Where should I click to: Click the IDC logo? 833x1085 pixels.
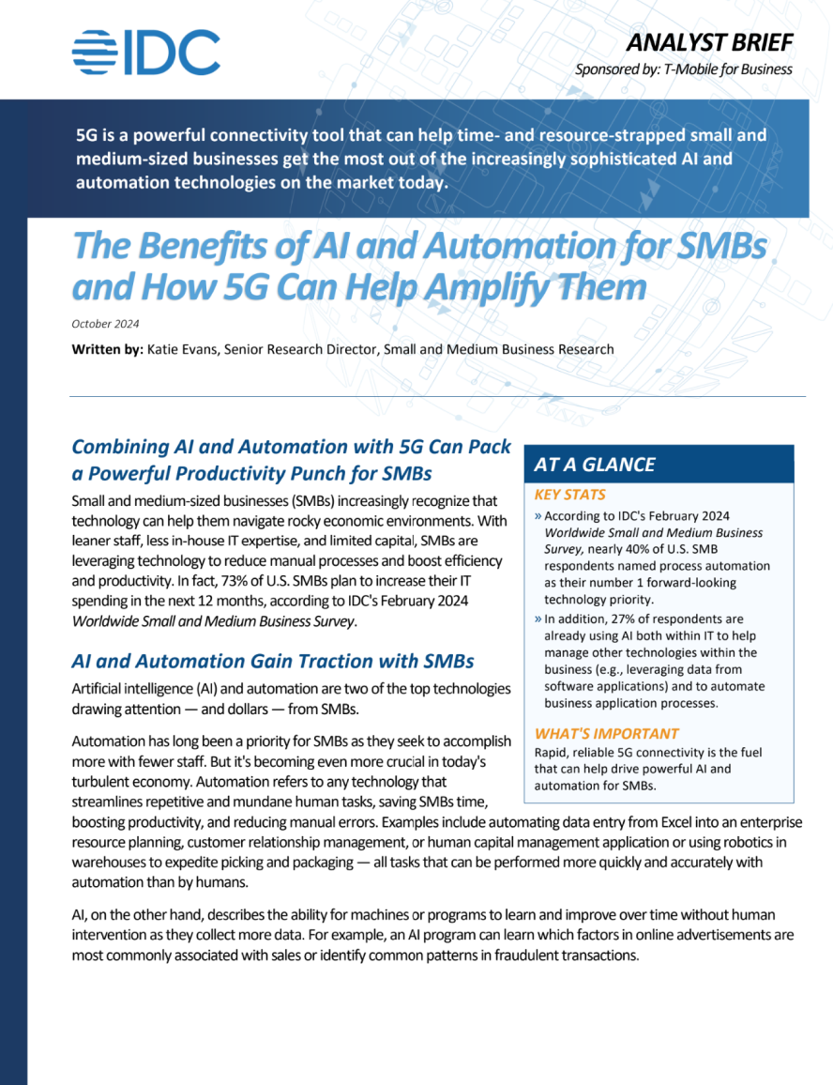pos(145,53)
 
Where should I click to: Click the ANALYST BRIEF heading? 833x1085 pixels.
pos(709,42)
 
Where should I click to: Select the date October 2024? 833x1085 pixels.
pos(105,324)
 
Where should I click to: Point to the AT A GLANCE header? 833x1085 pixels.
pos(595,464)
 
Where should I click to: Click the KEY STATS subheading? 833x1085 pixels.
pos(569,495)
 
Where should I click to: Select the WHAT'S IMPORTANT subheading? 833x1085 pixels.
pos(606,733)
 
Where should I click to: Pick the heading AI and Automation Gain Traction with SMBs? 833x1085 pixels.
pos(273,661)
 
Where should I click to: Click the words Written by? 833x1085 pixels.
pos(105,349)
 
